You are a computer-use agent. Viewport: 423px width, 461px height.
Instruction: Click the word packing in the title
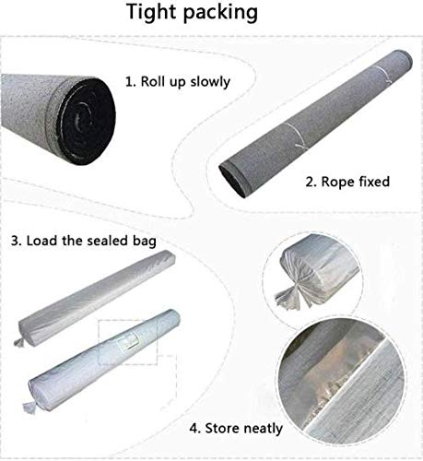[x=220, y=13]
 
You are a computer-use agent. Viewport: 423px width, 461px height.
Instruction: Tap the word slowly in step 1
[x=210, y=82]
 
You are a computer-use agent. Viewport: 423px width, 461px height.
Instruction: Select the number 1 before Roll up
[x=130, y=82]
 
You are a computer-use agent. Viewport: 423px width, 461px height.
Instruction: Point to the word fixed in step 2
[x=372, y=181]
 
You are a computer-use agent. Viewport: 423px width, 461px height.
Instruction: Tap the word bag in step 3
[x=145, y=242]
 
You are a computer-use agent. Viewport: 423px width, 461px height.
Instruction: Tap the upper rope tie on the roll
[x=384, y=74]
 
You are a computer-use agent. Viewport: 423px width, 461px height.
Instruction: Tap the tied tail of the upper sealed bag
[x=19, y=342]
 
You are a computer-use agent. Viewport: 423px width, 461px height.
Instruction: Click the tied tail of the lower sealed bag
[x=29, y=407]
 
